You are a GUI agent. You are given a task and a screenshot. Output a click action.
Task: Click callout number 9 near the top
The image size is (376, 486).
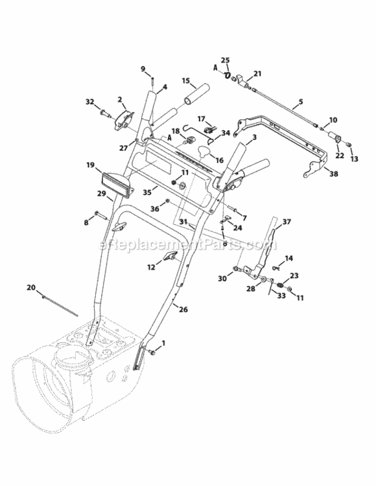pos(144,69)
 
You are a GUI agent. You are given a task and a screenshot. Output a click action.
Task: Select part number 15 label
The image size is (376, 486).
pos(186,82)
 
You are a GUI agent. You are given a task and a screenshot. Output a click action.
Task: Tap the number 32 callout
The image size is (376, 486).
pos(90,102)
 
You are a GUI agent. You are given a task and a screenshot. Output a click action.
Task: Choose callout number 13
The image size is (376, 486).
pos(353,159)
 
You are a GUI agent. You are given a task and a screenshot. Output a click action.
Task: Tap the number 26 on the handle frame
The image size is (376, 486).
pos(183,310)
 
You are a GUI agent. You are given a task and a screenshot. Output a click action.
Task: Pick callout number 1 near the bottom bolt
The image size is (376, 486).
pos(163,342)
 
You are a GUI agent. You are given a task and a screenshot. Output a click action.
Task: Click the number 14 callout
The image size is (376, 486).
pos(288,258)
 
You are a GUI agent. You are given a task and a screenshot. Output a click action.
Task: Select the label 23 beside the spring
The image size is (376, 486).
pos(294,275)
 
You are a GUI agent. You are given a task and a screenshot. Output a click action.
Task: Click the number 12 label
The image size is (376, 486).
pos(150,266)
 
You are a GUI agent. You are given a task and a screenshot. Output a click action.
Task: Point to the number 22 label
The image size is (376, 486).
pos(338,156)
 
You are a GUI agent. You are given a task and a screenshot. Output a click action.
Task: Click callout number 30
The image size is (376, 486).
pos(222,278)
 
